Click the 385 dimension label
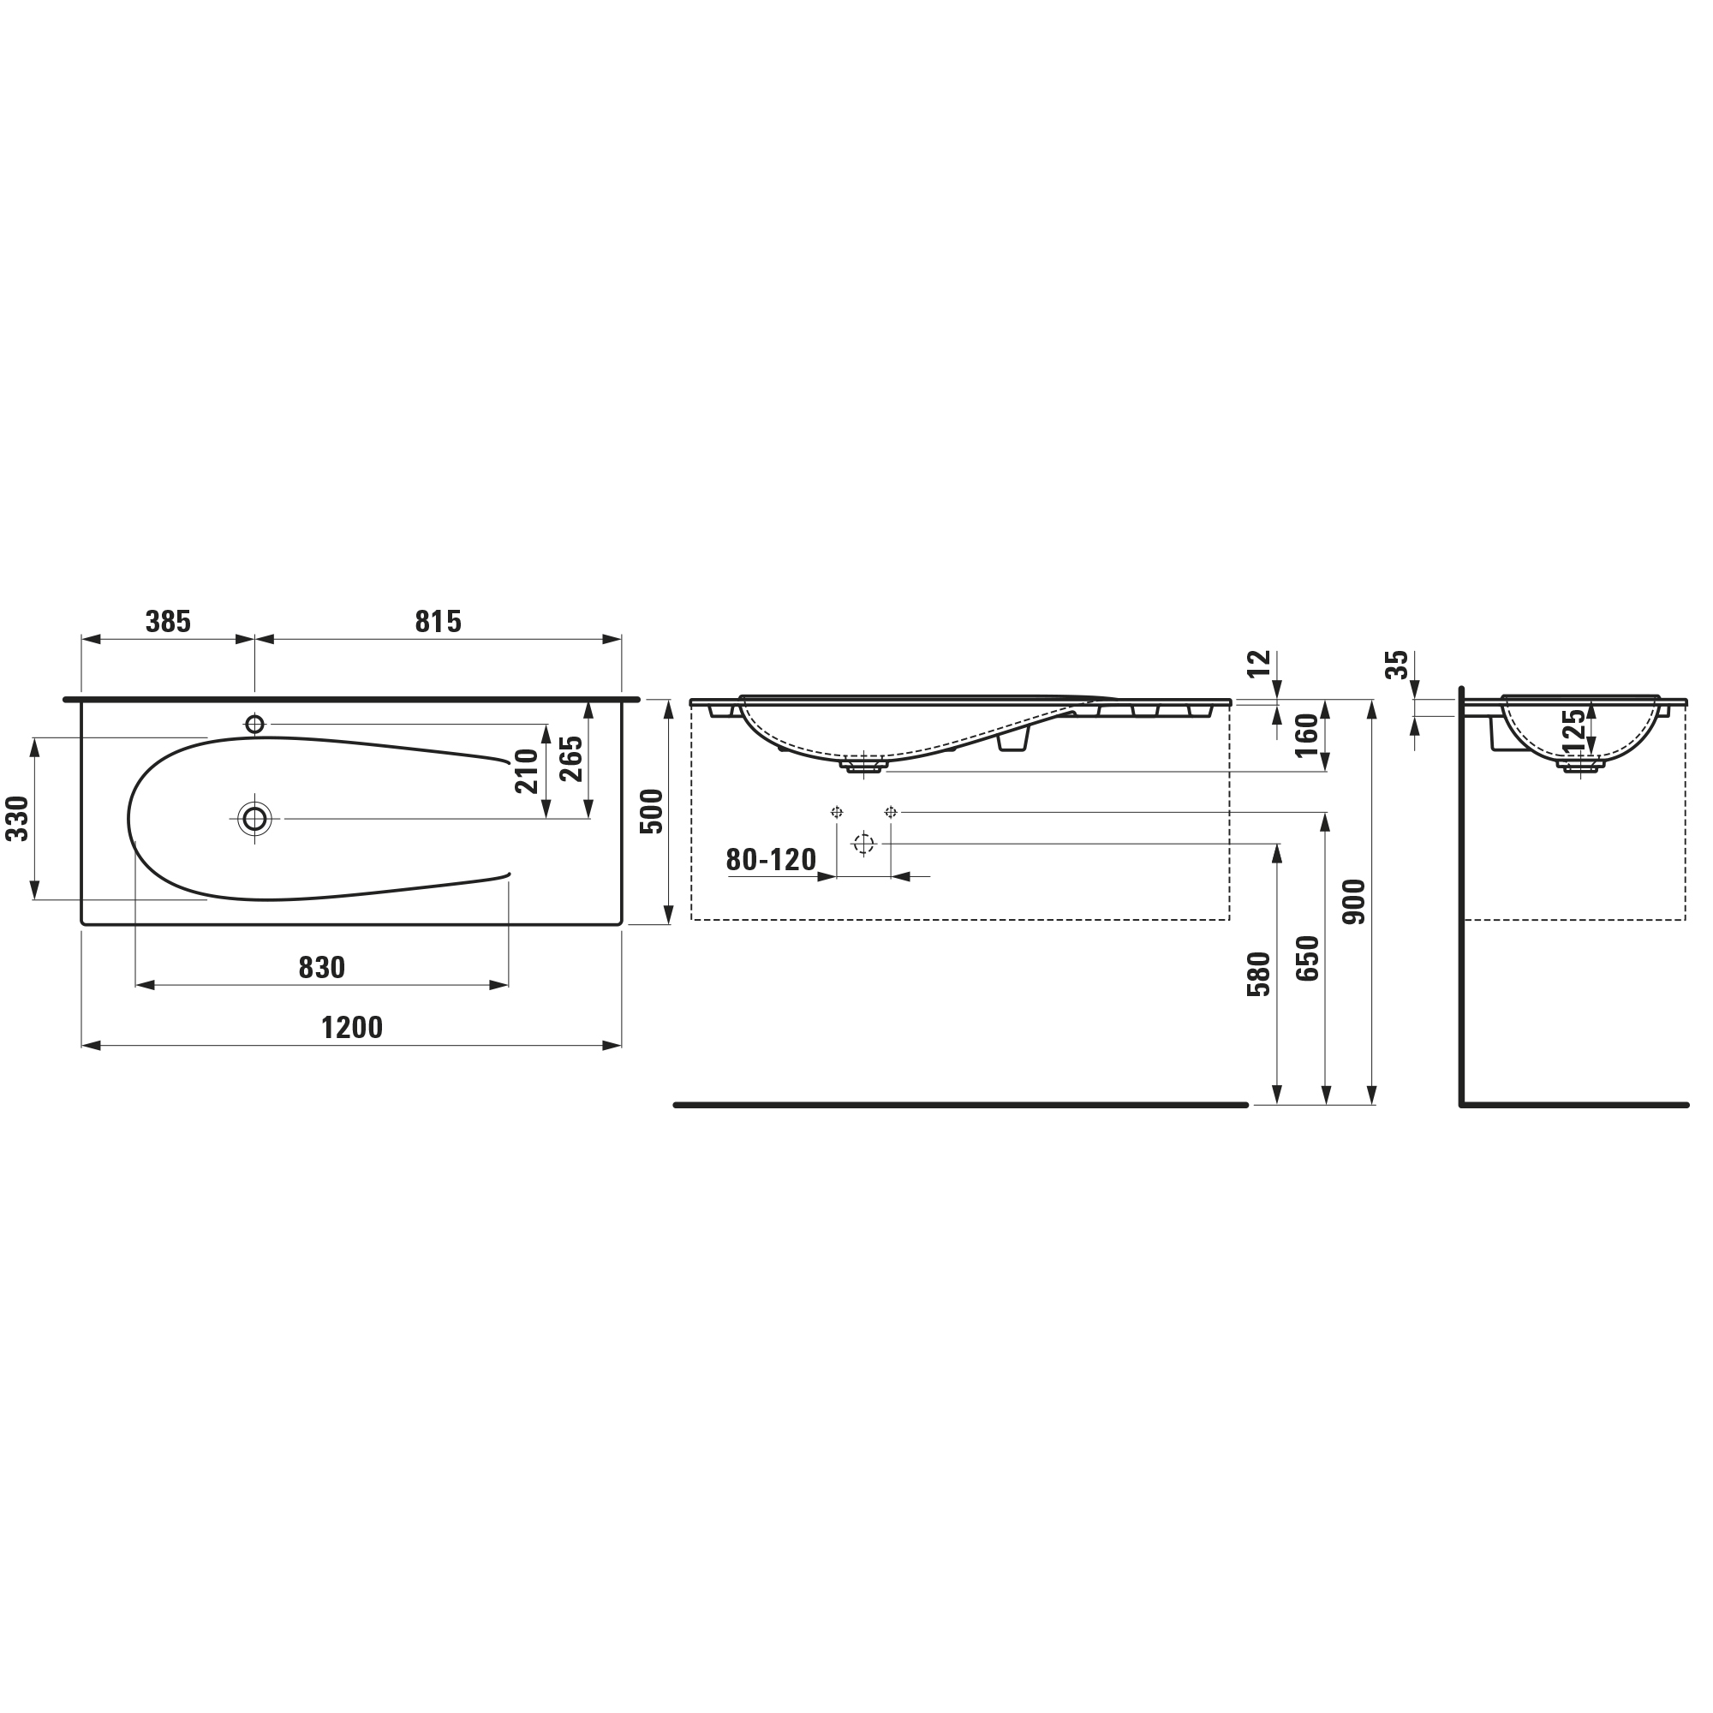tap(168, 622)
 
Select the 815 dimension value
tap(438, 622)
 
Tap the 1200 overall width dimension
tap(352, 1028)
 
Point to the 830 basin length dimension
tap(322, 967)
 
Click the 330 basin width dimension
tap(18, 818)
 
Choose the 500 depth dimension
tap(652, 811)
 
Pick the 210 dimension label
tap(527, 772)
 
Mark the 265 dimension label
tap(571, 759)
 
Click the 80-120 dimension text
tap(772, 859)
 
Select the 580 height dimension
tap(1259, 975)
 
